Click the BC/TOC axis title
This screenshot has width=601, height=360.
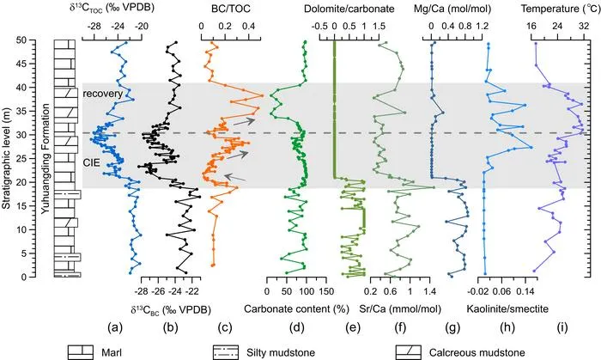(231, 9)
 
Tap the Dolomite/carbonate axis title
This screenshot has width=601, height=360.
(349, 9)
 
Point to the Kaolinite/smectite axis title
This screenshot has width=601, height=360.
(507, 308)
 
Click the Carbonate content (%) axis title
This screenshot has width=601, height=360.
(296, 308)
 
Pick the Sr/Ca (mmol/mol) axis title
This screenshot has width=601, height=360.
(400, 308)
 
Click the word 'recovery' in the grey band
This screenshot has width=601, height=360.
(103, 94)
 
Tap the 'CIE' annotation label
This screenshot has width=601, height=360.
(92, 162)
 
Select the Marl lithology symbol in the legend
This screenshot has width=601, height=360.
(81, 352)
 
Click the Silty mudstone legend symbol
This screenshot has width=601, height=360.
(225, 352)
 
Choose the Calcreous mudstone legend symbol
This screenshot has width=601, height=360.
(409, 352)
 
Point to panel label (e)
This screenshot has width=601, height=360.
(353, 327)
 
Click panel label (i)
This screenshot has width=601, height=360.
(562, 327)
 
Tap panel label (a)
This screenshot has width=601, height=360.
(115, 327)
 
